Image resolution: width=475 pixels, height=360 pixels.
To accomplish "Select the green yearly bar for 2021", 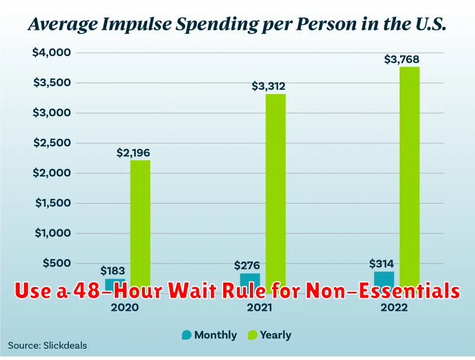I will tap(275, 190).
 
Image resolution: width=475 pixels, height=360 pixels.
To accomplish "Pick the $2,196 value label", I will tap(133, 153).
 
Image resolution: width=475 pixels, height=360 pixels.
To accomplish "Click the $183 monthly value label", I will tap(113, 271).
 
